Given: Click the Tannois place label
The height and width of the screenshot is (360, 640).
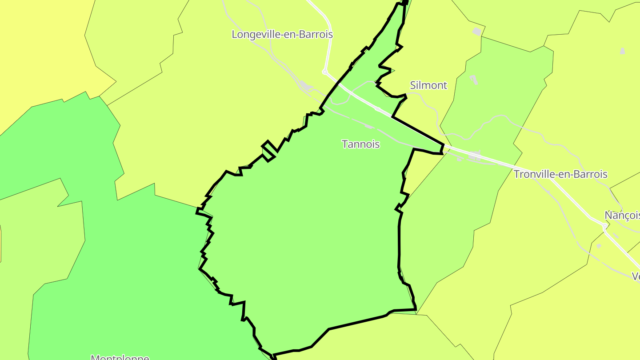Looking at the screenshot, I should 360,144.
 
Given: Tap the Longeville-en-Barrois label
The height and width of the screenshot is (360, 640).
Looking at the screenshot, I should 282,34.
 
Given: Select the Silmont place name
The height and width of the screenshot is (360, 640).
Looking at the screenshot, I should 428,85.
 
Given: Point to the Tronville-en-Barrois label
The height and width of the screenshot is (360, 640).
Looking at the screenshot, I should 560,174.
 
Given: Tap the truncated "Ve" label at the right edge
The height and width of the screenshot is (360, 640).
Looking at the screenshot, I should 636,276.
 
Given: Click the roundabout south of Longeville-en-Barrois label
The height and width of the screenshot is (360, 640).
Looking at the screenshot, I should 325,71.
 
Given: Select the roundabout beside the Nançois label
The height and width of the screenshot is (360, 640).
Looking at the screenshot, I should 605,226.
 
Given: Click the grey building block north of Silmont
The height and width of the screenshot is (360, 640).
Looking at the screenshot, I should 477,32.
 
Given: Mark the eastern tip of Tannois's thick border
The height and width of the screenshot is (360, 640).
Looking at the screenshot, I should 443,148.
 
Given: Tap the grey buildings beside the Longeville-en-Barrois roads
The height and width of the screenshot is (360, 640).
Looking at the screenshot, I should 305,85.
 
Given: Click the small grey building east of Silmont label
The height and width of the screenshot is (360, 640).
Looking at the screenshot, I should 474,80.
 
